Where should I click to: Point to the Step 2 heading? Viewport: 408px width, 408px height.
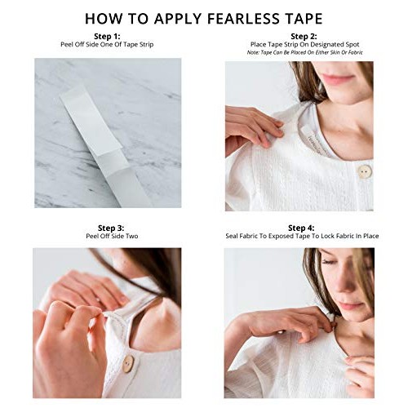[302, 36]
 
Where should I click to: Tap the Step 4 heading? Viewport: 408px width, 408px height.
[302, 227]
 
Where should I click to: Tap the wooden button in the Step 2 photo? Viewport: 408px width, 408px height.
[364, 172]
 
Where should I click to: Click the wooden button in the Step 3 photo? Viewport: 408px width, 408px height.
[127, 364]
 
